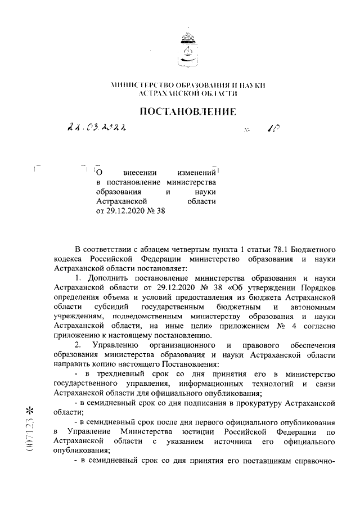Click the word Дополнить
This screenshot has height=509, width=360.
(110, 278)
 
